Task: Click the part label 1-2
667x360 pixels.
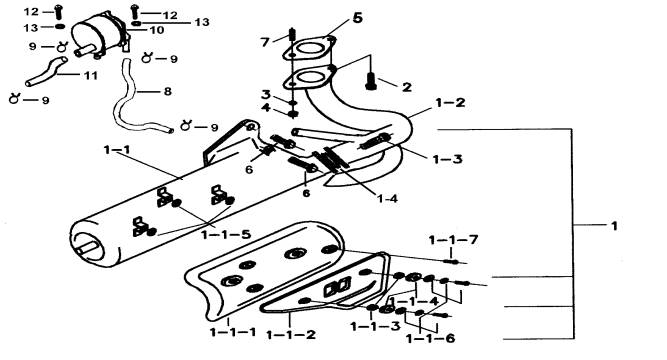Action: tap(450, 103)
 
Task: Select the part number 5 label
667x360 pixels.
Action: tap(357, 18)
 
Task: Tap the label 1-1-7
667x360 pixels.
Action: tap(453, 240)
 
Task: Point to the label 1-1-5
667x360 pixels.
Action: tap(225, 234)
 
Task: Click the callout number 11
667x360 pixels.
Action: tap(91, 76)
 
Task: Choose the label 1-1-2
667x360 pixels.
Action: tap(291, 334)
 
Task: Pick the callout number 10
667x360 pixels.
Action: tap(157, 30)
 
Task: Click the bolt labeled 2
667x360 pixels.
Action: tap(371, 81)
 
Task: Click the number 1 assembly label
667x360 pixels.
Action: tap(614, 226)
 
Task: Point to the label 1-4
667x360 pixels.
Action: tap(387, 198)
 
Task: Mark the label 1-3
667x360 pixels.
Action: tap(448, 159)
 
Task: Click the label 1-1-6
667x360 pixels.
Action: tap(430, 338)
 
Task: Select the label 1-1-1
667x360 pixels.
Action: tap(233, 332)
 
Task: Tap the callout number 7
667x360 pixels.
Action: tap(265, 42)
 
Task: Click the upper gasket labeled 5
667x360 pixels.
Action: tap(310, 49)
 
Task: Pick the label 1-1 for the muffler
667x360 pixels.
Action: tap(117, 150)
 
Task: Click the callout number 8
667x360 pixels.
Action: tap(168, 91)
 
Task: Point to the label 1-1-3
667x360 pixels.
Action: tap(375, 326)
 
